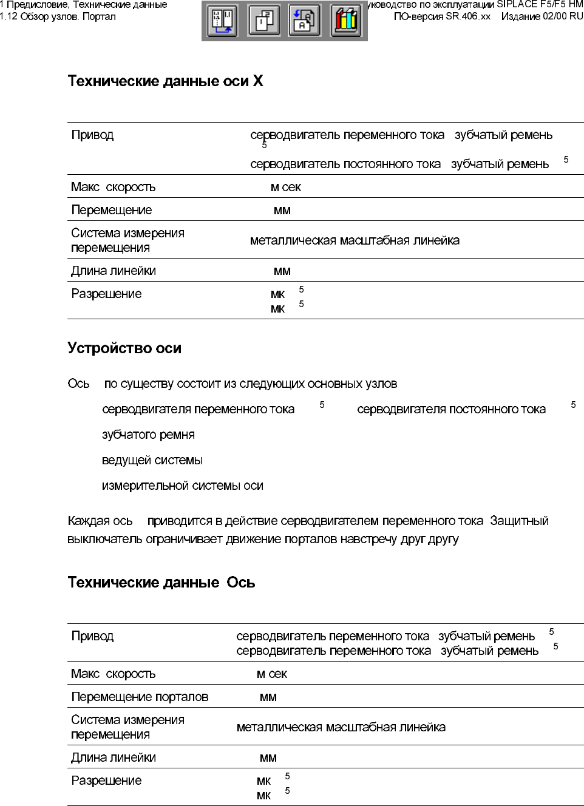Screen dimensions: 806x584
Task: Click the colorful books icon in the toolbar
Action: click(346, 21)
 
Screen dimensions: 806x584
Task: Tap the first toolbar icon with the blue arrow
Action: click(223, 21)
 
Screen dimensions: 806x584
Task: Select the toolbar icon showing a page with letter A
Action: click(304, 21)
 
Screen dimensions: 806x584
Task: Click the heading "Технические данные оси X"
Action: click(165, 81)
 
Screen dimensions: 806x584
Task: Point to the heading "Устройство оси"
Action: click(124, 348)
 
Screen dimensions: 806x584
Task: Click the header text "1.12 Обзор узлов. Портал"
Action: click(58, 16)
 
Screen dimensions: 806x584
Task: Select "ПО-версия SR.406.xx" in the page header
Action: click(442, 16)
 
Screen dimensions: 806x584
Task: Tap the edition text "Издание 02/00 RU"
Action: click(542, 16)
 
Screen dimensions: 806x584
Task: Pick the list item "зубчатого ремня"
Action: click(148, 435)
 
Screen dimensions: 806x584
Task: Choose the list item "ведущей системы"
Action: click(152, 461)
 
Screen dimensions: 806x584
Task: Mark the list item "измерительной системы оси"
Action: click(183, 486)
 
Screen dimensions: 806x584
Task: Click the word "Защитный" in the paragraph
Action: click(519, 521)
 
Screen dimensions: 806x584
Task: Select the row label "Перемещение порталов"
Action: click(140, 697)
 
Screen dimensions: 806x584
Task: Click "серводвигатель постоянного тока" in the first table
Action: click(345, 164)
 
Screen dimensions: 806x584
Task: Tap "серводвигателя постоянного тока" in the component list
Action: click(451, 410)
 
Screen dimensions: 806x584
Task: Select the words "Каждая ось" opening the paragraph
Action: click(100, 521)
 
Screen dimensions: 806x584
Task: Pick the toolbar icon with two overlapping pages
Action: click(264, 21)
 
